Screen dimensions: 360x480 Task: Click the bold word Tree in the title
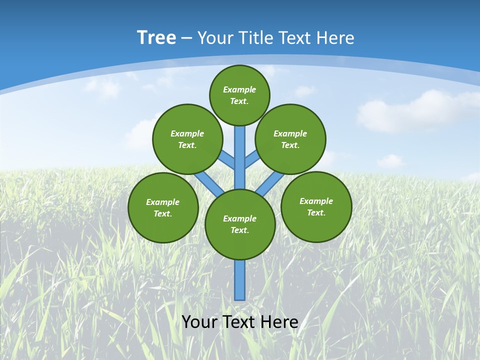coord(156,38)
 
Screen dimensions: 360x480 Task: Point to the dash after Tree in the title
coord(186,38)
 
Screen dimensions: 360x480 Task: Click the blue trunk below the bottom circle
coord(240,280)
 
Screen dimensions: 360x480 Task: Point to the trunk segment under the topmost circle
coord(240,155)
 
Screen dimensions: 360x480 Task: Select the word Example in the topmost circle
coord(239,89)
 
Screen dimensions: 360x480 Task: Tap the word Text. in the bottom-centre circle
coord(239,230)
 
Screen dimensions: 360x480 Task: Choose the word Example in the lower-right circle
coord(316,201)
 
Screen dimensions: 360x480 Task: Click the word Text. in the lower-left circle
coord(162,214)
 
